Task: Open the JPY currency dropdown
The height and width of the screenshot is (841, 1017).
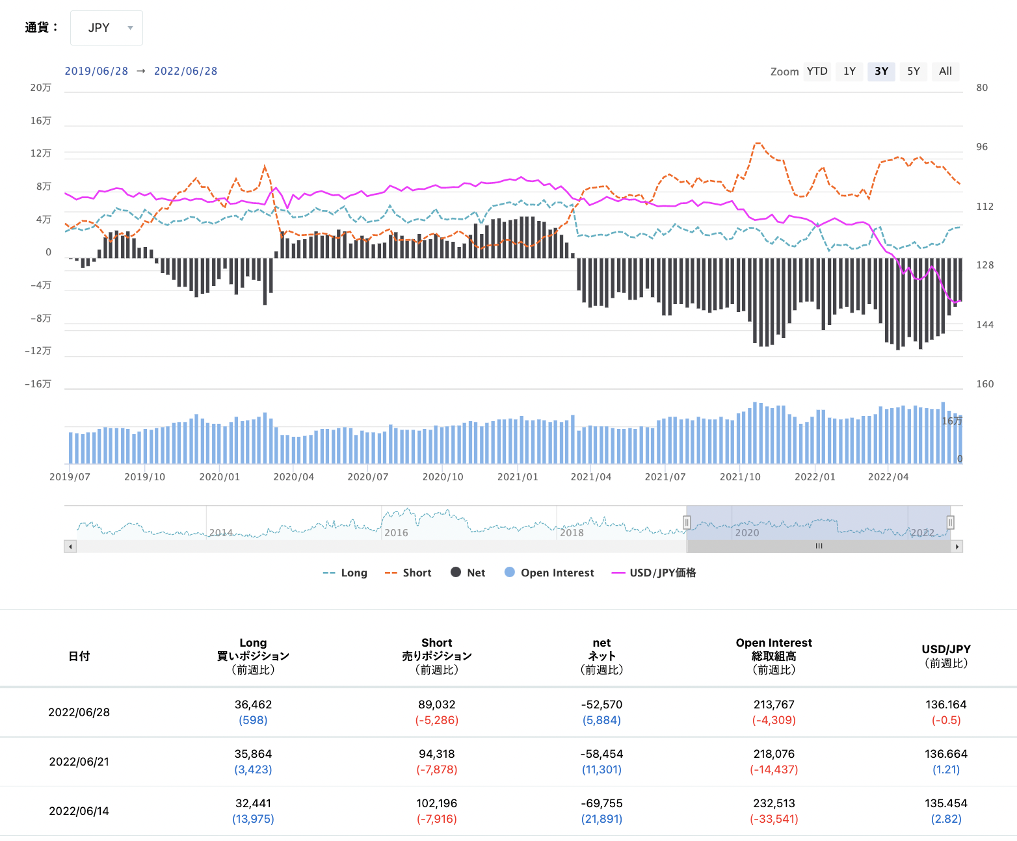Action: coord(107,28)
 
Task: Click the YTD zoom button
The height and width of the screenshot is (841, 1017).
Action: coord(817,71)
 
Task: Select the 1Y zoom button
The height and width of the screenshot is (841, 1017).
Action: coord(849,71)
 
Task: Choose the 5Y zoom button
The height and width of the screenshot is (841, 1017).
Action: coord(913,71)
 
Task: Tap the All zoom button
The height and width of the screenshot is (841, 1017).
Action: coord(945,71)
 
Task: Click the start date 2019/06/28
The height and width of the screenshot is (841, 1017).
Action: coord(96,71)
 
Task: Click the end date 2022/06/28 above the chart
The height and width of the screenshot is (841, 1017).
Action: coord(185,71)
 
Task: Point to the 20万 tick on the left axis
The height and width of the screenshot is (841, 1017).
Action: coord(40,88)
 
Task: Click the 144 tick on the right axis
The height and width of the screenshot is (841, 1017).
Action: coord(985,325)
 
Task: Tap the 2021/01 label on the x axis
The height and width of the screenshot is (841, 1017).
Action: coord(518,477)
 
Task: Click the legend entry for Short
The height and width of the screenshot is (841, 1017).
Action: coord(408,573)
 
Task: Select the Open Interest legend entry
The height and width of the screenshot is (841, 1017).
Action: coord(549,573)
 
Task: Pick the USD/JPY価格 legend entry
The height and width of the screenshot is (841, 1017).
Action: coord(654,573)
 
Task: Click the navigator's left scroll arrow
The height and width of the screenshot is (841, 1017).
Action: coord(70,547)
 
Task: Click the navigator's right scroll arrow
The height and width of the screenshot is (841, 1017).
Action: coord(957,547)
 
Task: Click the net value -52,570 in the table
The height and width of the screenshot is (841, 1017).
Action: coord(601,705)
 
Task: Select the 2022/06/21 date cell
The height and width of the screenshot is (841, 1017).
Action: coord(79,762)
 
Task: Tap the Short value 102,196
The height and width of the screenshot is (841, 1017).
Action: coord(437,803)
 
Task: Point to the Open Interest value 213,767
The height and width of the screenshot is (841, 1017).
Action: coord(774,705)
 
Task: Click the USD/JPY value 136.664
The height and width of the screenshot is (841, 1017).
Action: coord(946,754)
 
